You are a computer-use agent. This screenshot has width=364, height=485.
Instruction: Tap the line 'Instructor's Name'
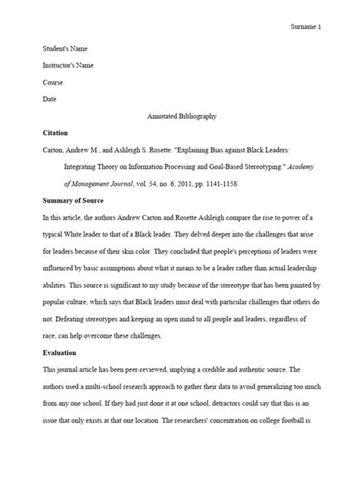(x=67, y=65)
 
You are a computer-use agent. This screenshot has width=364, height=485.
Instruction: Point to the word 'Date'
(x=48, y=98)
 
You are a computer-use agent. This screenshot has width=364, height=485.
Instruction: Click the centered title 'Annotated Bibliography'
(x=181, y=116)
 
